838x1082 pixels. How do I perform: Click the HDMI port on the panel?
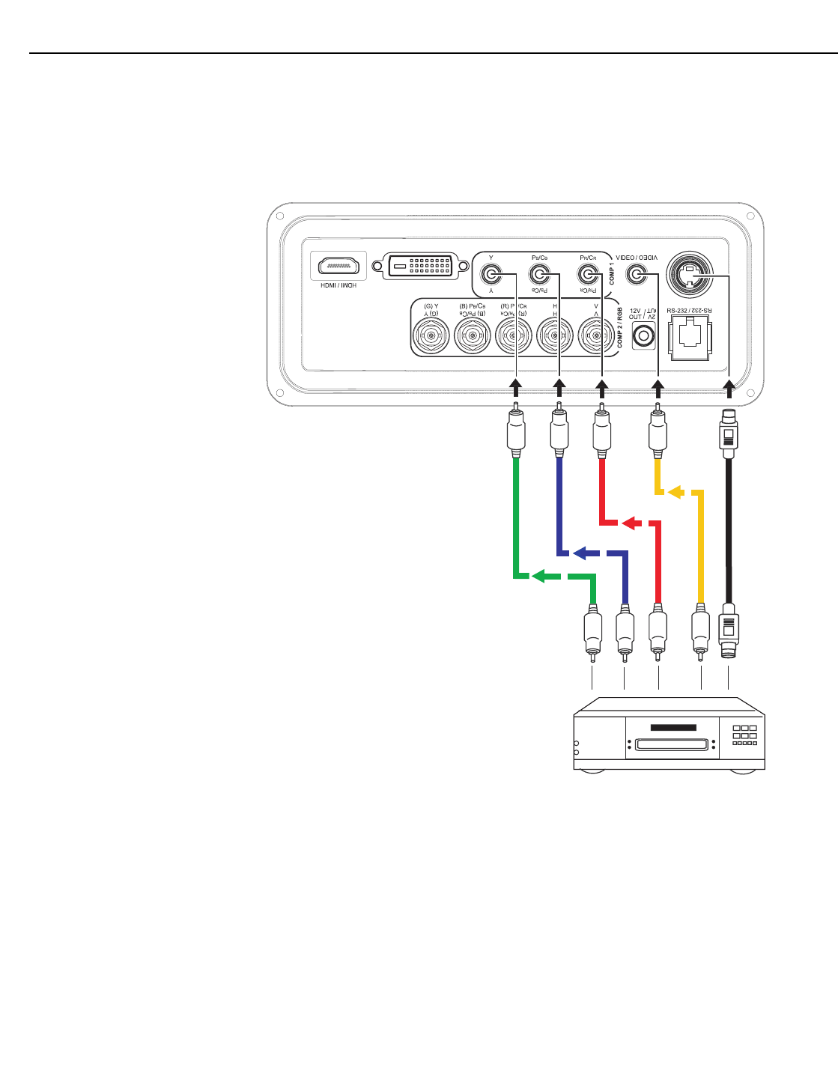tap(338, 266)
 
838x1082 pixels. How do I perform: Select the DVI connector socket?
tap(421, 266)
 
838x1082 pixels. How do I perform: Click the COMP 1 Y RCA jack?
tap(491, 275)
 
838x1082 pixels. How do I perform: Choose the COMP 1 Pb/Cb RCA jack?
tap(539, 275)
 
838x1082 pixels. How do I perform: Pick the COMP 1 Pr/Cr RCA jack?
tap(588, 275)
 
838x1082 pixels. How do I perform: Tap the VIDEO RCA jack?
tap(636, 275)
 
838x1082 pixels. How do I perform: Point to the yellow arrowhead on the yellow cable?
tap(675, 492)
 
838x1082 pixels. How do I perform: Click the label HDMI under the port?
tap(338, 285)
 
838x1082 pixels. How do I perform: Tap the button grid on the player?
tap(744, 734)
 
